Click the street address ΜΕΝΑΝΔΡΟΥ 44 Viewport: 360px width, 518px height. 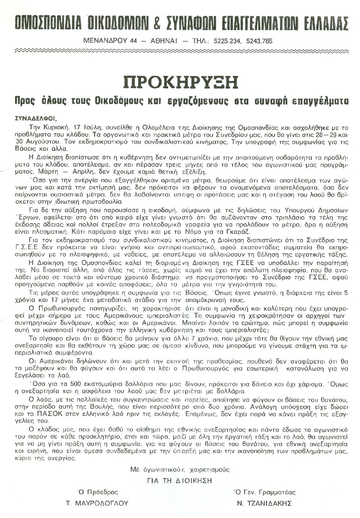pyautogui.click(x=109, y=41)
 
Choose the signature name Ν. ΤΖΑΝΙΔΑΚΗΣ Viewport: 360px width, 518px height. pyautogui.click(x=263, y=503)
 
